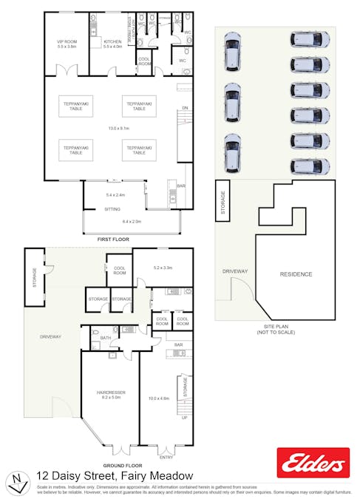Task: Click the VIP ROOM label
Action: tap(67, 41)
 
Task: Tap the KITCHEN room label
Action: tap(112, 41)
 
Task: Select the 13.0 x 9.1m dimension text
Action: tap(108, 129)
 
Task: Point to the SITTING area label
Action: tap(112, 209)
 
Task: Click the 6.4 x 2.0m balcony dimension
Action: tap(131, 221)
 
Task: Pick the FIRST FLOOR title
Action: tap(113, 240)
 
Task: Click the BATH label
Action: tap(106, 338)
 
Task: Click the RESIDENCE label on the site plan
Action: tap(296, 274)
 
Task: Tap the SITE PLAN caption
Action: tap(274, 327)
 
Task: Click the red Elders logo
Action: tap(313, 463)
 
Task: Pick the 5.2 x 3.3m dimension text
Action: tap(162, 268)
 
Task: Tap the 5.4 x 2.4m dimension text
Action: tap(116, 195)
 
